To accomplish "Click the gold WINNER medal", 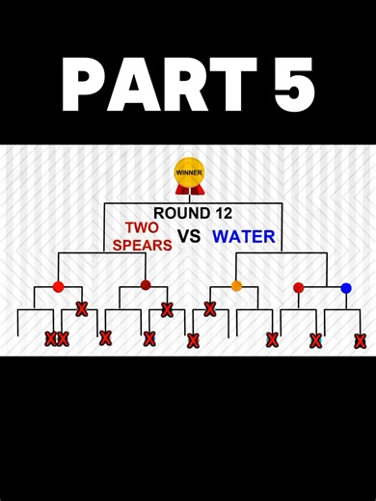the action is point(189,172).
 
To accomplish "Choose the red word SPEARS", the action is point(142,245).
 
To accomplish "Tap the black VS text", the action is point(189,236).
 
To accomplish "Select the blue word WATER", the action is point(244,236).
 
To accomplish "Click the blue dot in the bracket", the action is point(346,288).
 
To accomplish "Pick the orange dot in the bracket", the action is point(236,286).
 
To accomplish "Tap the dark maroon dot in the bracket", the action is point(146,285).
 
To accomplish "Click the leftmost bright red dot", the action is point(58,286).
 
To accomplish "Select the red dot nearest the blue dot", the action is point(298,287).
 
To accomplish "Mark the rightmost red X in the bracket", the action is point(360,340).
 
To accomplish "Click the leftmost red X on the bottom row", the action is point(50,338).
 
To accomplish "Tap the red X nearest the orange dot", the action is point(210,309).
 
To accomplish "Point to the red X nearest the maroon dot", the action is point(167,309).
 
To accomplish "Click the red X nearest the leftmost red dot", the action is point(81,309).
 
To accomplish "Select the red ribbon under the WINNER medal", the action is point(189,190).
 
